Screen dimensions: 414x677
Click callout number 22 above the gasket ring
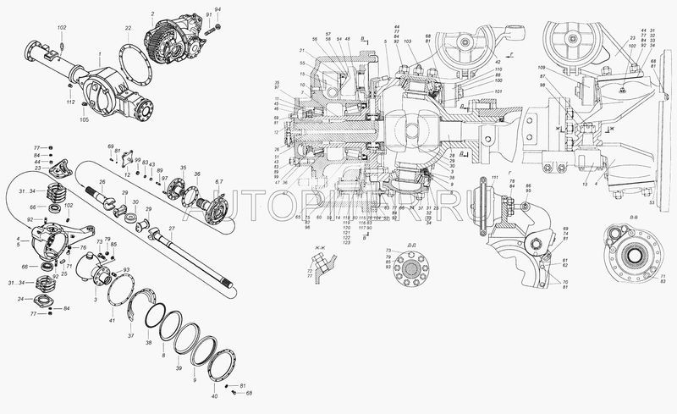[129, 30]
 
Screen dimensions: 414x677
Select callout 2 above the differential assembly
[152, 14]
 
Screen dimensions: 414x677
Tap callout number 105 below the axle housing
[84, 120]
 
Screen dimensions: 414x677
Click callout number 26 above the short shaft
[101, 182]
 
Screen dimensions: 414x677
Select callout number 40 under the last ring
[214, 395]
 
